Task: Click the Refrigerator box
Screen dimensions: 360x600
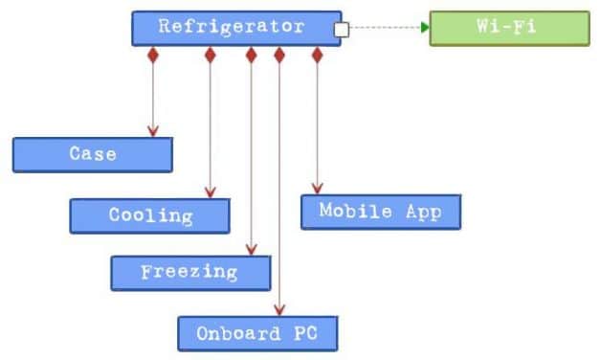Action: pyautogui.click(x=235, y=28)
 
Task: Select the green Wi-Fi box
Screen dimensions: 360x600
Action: pyautogui.click(x=509, y=28)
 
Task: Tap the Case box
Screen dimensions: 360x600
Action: pyautogui.click(x=93, y=154)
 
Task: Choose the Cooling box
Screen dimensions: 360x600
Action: pyautogui.click(x=149, y=215)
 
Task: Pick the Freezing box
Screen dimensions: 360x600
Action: pyautogui.click(x=190, y=272)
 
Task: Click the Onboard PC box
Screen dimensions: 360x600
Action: pyautogui.click(x=257, y=334)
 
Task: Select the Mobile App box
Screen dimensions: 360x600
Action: pyautogui.click(x=380, y=212)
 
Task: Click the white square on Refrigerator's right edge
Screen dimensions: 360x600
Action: pyautogui.click(x=341, y=30)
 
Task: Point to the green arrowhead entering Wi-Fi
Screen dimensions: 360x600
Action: pyautogui.click(x=424, y=28)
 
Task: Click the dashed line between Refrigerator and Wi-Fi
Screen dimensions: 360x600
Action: pyautogui.click(x=383, y=28)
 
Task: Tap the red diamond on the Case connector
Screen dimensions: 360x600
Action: pyautogui.click(x=152, y=56)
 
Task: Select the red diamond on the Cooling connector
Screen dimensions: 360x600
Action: pyautogui.click(x=211, y=56)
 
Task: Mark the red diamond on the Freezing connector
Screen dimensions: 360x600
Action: pyautogui.click(x=251, y=56)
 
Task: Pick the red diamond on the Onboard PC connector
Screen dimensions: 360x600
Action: pyautogui.click(x=278, y=56)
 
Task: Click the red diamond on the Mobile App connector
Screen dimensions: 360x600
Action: pyautogui.click(x=318, y=56)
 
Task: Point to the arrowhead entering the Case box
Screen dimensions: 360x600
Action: pyautogui.click(x=152, y=131)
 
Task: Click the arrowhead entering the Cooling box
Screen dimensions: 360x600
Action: pyautogui.click(x=211, y=192)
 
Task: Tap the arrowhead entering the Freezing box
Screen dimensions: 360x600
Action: pyautogui.click(x=251, y=249)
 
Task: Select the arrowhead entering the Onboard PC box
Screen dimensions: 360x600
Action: pyautogui.click(x=278, y=310)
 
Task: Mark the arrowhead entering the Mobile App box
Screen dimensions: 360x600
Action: pyautogui.click(x=318, y=189)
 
